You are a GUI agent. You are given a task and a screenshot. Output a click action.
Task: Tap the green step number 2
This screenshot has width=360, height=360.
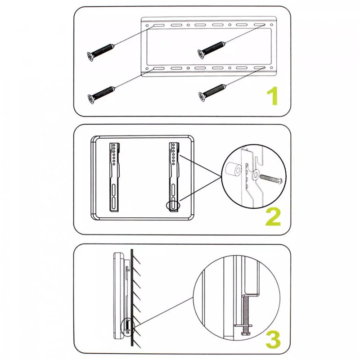coord(273,217)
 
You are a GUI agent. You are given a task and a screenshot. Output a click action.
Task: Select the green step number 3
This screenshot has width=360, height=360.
coord(273,340)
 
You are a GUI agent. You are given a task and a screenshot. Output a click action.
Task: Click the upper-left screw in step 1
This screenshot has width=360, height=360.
coord(100,52)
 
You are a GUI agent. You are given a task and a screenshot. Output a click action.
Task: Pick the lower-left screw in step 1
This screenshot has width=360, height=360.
coord(101,95)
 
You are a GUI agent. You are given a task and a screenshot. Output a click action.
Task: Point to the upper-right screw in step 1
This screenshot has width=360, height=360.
coord(211,50)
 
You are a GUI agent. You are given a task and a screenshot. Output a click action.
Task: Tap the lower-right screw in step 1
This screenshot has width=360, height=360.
coord(212,93)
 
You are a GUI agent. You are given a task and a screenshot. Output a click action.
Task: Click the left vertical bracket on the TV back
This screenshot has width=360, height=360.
coord(114,177)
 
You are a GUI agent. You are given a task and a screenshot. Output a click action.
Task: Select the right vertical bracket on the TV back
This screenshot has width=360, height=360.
coord(174,177)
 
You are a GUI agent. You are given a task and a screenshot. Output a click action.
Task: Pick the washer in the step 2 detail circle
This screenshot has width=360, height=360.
coord(255,175)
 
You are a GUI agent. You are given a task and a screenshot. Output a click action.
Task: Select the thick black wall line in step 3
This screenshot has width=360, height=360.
coord(132,297)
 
